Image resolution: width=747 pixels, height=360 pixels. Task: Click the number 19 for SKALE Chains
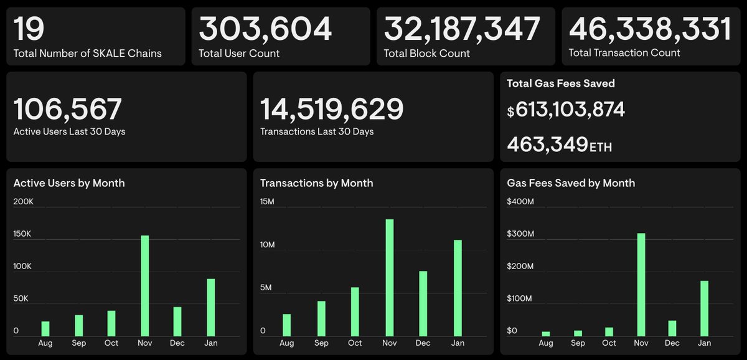pos(29,29)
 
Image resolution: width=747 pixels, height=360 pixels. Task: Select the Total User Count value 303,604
pos(265,29)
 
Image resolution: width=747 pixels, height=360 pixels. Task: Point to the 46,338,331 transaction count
pos(650,29)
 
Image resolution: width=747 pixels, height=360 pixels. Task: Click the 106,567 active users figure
pos(67,110)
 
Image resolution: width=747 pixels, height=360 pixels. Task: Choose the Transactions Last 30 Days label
pos(317,131)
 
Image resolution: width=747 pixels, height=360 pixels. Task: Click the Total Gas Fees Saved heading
pos(560,83)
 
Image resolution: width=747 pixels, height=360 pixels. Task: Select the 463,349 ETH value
pos(559,144)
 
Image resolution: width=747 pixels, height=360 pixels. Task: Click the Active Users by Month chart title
pos(69,183)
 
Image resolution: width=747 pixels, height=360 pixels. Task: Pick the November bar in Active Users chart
pos(145,285)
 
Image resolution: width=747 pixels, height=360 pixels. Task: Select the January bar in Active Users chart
pos(211,307)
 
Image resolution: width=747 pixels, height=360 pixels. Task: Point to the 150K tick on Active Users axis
pos(22,234)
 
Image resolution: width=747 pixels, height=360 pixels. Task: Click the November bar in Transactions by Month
pos(390,277)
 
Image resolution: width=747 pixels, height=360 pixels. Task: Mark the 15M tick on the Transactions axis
pos(267,202)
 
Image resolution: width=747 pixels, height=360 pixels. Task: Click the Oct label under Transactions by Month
pos(355,343)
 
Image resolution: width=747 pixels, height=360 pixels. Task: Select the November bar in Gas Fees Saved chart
pos(641,284)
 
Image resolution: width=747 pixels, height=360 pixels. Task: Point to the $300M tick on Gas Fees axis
pos(520,234)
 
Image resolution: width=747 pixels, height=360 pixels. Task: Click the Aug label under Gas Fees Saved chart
pos(546,343)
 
